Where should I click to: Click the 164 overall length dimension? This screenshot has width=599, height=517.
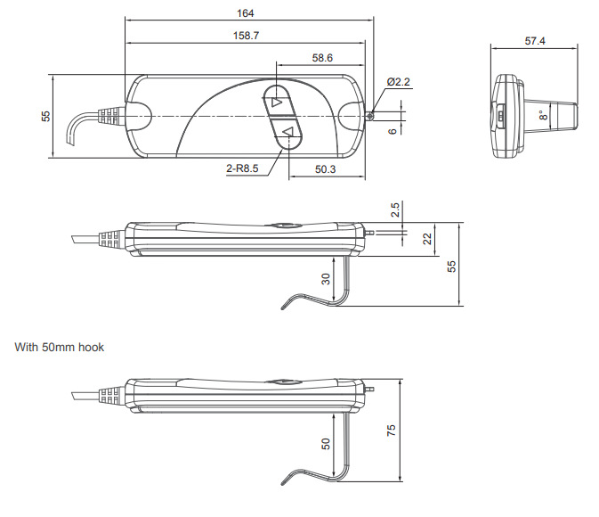click(x=246, y=13)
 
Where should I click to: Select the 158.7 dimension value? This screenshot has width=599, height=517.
click(x=246, y=36)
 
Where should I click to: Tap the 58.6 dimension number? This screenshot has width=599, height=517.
click(x=322, y=58)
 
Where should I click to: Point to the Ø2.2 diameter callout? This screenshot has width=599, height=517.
click(x=398, y=82)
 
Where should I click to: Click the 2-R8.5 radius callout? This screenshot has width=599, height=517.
click(x=242, y=168)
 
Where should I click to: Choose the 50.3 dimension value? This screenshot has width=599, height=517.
click(x=325, y=169)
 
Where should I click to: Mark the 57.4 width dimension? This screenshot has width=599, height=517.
click(x=535, y=41)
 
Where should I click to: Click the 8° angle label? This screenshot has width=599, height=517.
click(x=543, y=115)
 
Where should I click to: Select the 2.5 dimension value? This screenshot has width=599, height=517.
click(x=395, y=210)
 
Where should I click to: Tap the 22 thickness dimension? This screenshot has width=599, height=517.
click(x=427, y=239)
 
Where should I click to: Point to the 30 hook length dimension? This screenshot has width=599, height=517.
click(x=326, y=279)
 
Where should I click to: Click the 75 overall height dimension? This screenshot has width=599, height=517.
click(x=391, y=431)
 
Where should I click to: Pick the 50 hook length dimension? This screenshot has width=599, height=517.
click(x=326, y=444)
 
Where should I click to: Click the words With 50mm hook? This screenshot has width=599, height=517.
click(x=60, y=347)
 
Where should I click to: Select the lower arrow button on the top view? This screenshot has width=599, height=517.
click(x=287, y=132)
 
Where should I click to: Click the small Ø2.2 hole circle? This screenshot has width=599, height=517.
click(x=369, y=115)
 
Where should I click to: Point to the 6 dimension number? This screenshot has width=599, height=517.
click(x=393, y=131)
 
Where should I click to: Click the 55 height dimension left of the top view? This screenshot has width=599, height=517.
click(x=45, y=116)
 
